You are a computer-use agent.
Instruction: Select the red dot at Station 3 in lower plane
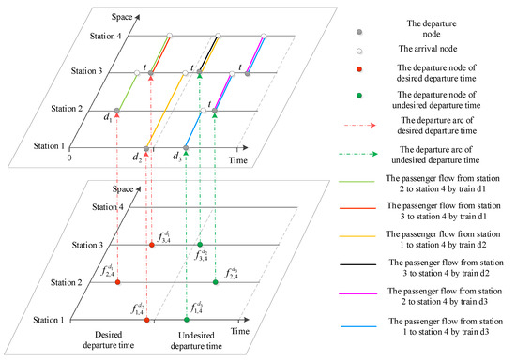pyautogui.click(x=152, y=245)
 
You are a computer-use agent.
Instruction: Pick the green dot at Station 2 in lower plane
pyautogui.click(x=215, y=281)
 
